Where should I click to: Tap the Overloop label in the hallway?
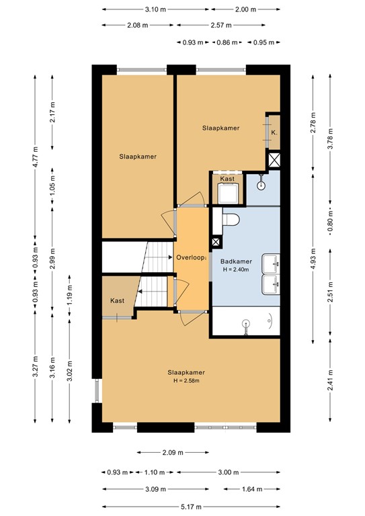[x=190, y=257]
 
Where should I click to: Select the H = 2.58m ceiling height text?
[x=186, y=382]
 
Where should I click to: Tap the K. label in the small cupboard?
[x=274, y=132]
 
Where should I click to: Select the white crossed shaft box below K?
[x=274, y=160]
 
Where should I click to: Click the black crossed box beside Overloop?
[x=215, y=243]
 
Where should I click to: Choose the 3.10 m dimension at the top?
[x=155, y=9]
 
